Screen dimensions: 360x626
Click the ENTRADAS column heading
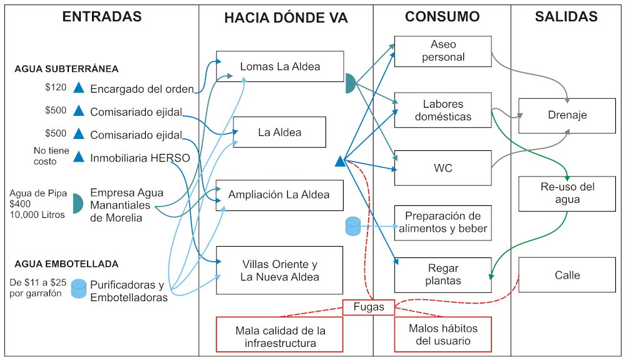(102, 18)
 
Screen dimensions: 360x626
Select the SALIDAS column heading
(566, 18)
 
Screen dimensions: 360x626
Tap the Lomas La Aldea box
(280, 66)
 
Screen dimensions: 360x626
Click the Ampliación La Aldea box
(280, 195)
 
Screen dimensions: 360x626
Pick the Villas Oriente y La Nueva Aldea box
(280, 270)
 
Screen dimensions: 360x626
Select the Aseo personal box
(443, 51)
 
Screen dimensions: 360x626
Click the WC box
(443, 168)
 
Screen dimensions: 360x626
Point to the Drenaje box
(567, 116)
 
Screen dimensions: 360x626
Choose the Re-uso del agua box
(567, 193)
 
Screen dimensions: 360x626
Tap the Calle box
(567, 275)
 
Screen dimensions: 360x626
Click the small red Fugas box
(369, 307)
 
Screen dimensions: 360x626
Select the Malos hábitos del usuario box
(443, 334)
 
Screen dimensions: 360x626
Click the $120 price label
(56, 88)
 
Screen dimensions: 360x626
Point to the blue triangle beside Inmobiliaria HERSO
(79, 157)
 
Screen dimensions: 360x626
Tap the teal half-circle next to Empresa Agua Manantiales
(77, 203)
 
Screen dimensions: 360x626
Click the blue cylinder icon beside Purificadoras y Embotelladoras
(79, 289)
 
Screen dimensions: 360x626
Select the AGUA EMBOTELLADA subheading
(66, 264)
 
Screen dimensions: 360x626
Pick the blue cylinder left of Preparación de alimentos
(353, 227)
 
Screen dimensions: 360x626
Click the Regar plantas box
(443, 275)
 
